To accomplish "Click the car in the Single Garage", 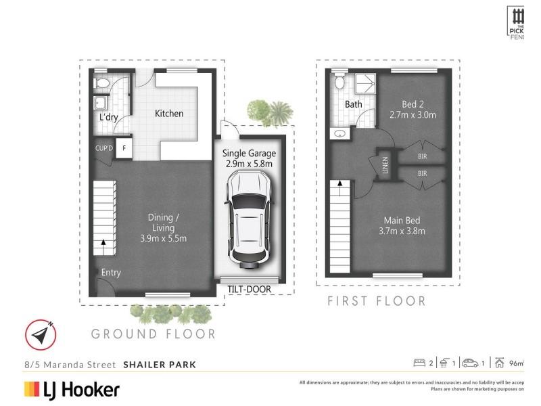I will pyautogui.click(x=249, y=219).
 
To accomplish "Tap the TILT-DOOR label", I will pyautogui.click(x=249, y=290).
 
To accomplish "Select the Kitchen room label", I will pyautogui.click(x=169, y=114).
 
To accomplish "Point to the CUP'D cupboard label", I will pyautogui.click(x=104, y=147).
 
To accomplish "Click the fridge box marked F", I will pyautogui.click(x=124, y=147).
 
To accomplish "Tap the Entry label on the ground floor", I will pyautogui.click(x=111, y=273).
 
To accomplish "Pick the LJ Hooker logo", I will pyautogui.click(x=72, y=390).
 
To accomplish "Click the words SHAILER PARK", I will pyautogui.click(x=160, y=365).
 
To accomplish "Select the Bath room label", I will pyautogui.click(x=353, y=105).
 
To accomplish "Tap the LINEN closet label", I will pyautogui.click(x=385, y=164).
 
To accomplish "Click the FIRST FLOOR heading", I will pyautogui.click(x=377, y=301).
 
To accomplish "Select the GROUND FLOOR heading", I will pyautogui.click(x=154, y=334).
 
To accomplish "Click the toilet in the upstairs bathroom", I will pyautogui.click(x=341, y=83).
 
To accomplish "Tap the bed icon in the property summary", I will pyautogui.click(x=421, y=363).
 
